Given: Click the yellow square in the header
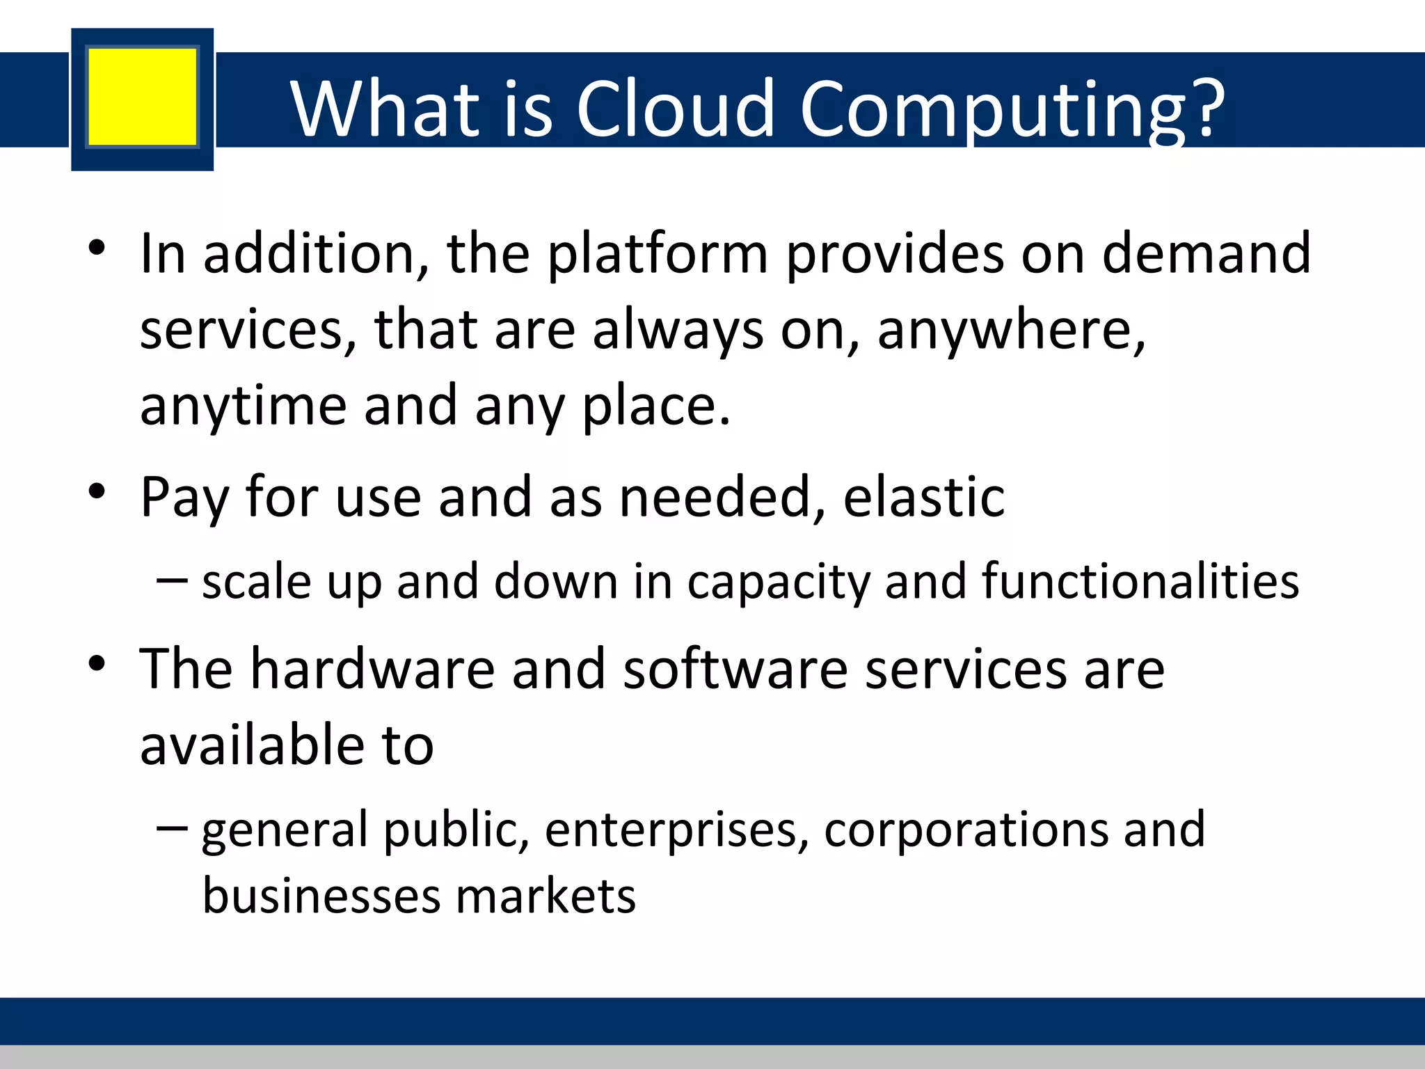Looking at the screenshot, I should pos(143,97).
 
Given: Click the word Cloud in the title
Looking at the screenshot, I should pos(675,109).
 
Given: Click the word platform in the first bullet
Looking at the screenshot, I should pos(658,255).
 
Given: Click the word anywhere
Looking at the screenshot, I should pos(1010,331).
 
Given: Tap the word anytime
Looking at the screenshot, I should pos(243,407).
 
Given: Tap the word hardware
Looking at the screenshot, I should pos(372,669).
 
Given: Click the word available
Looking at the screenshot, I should pos(252,745).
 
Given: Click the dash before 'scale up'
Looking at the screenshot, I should pos(172,580).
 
